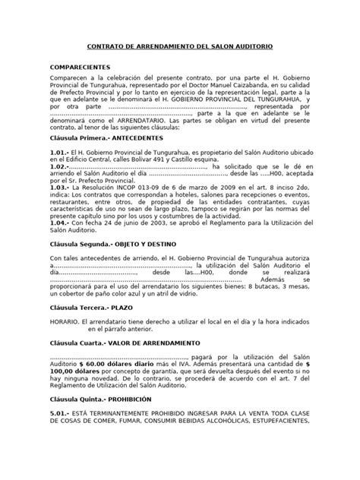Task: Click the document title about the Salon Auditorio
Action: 180,47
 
